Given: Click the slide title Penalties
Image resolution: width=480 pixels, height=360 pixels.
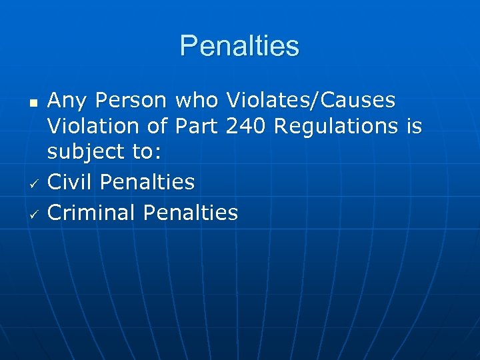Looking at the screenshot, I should pyautogui.click(x=239, y=46).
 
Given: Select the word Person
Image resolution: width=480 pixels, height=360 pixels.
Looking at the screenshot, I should pyautogui.click(x=131, y=101).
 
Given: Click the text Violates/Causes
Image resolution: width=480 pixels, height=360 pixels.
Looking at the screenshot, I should pyautogui.click(x=311, y=101).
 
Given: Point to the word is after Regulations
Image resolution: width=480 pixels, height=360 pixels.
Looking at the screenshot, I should pyautogui.click(x=414, y=126).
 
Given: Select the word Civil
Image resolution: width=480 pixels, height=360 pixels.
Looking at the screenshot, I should pyautogui.click(x=71, y=181).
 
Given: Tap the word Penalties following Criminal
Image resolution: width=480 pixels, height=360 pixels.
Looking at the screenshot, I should pyautogui.click(x=191, y=213).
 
